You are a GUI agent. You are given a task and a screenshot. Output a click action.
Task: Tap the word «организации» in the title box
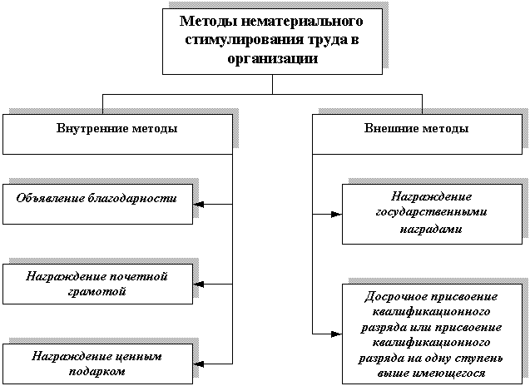tap(272, 58)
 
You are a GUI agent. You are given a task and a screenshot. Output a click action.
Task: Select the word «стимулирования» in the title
tap(244, 40)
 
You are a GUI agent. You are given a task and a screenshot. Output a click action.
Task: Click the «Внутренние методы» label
tap(116, 128)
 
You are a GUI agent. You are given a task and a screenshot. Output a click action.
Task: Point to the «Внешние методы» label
tap(416, 128)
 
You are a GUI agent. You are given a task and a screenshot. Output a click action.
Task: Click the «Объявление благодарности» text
tap(97, 199)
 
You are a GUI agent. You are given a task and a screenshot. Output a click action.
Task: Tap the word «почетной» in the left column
tap(137, 276)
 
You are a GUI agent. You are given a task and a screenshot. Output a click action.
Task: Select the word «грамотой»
tap(97, 292)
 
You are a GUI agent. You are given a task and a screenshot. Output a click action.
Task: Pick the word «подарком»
tap(97, 372)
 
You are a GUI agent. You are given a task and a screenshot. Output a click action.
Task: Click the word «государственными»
tap(431, 212)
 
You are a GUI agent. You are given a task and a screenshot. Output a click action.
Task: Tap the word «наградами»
tap(431, 229)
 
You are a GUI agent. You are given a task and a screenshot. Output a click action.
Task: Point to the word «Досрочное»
tap(395, 297)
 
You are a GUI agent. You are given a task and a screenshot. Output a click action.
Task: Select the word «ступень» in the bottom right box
tap(478, 359)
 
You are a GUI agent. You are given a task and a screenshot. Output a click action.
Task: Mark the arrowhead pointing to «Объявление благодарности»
tap(199, 204)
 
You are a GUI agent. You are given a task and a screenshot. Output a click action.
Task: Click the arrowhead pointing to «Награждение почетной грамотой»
tap(199, 285)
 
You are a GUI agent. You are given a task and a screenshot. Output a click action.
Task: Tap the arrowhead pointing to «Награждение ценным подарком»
tap(199, 364)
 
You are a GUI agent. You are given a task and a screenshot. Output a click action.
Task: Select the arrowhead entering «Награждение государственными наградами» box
tap(337, 215)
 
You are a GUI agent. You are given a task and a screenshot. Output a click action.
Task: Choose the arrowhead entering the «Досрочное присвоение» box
tap(337, 334)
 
